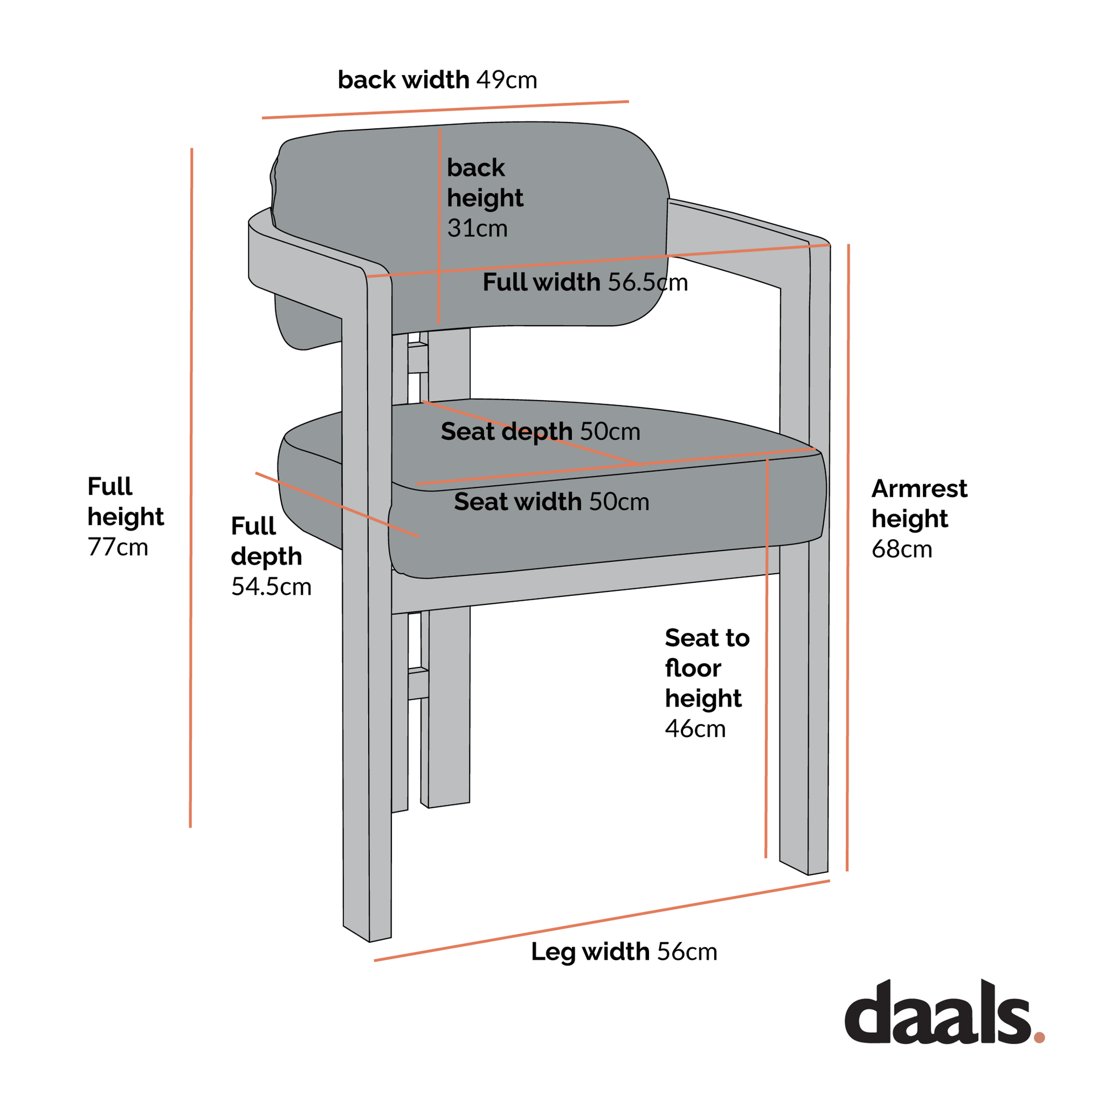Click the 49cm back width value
click(x=506, y=81)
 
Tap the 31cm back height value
click(x=477, y=229)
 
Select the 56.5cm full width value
click(x=647, y=283)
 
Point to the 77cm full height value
click(x=117, y=548)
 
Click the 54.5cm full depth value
click(x=271, y=587)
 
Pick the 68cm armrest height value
click(x=901, y=549)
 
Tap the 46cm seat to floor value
click(x=695, y=729)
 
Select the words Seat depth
click(x=506, y=432)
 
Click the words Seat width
click(x=518, y=502)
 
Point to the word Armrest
click(x=919, y=489)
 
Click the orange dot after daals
click(x=1039, y=1037)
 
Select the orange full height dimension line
click(x=191, y=486)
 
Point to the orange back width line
click(x=445, y=110)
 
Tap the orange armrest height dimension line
click(x=848, y=557)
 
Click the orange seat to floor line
click(x=766, y=657)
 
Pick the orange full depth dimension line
click(x=337, y=505)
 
